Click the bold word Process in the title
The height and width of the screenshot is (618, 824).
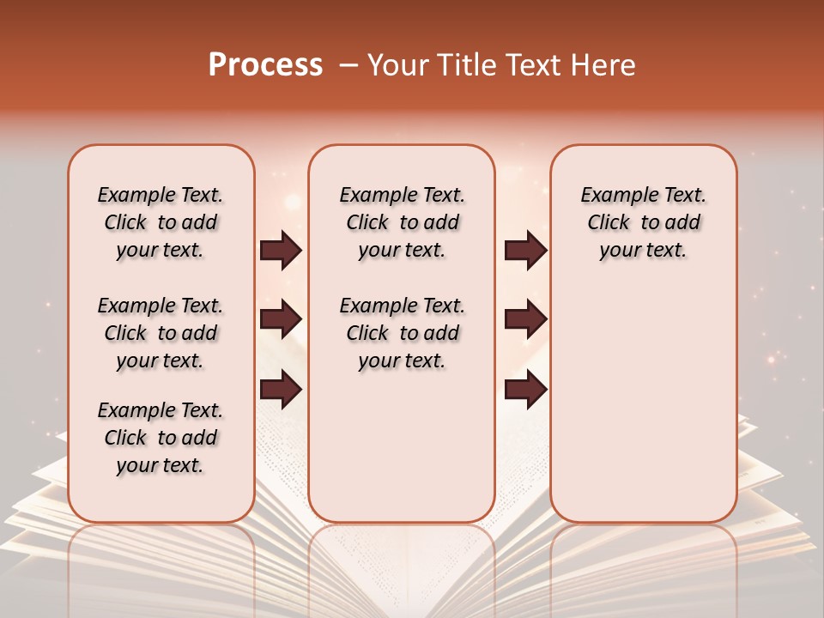pos(265,65)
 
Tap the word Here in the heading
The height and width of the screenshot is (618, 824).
pos(605,65)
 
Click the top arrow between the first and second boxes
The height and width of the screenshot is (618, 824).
pos(281,251)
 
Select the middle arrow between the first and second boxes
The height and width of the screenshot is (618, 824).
pos(281,320)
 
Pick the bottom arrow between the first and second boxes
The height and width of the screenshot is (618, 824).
pos(281,389)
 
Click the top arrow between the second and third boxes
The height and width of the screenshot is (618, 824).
pos(525,251)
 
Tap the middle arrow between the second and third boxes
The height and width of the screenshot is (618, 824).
pos(525,320)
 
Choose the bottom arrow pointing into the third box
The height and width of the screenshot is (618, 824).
pos(525,389)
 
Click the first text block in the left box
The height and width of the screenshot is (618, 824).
pos(161,222)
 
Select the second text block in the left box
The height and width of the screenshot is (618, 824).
pos(161,333)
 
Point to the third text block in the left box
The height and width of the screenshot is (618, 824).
pos(161,438)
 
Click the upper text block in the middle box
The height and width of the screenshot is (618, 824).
pos(402,222)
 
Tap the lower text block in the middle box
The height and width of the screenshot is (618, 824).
pos(402,333)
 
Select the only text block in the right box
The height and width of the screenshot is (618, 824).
pos(643,222)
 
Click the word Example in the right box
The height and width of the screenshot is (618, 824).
pos(612,196)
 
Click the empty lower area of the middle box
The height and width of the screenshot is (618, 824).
pos(402,446)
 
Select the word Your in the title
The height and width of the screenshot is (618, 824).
pos(400,65)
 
